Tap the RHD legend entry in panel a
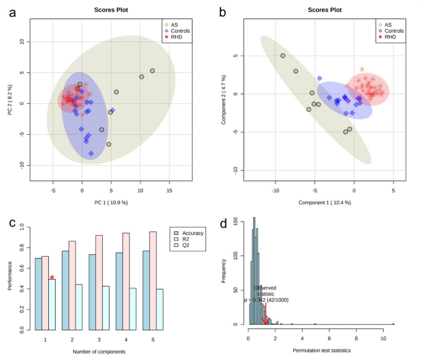pos(181,37)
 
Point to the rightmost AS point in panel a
pos(152,71)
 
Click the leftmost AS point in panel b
pos(283,56)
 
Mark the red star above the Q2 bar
pos(52,278)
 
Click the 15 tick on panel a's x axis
pos(170,191)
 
